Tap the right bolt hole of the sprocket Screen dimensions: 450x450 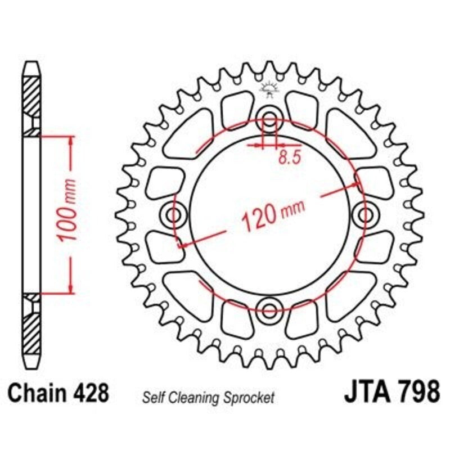366,214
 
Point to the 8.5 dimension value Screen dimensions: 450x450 288,158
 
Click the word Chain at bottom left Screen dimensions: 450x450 40,392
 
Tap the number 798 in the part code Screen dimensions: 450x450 414,392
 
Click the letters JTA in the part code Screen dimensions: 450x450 364,392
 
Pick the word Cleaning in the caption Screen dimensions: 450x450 191,398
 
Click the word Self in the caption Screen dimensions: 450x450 152,398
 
